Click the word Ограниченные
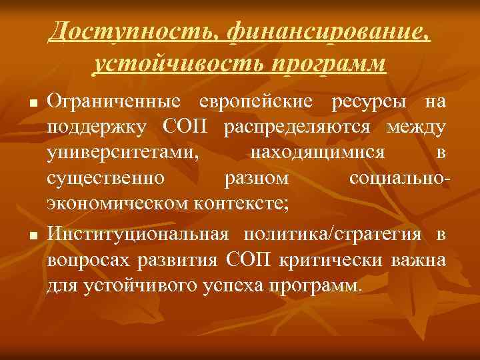coord(114,102)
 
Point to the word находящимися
coord(317,153)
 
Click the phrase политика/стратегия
coord(333,234)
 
